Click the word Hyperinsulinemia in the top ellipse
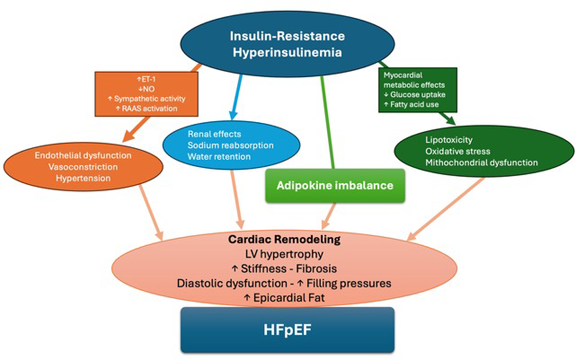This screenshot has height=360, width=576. (x=287, y=52)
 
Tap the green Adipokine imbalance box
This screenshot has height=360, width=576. (x=335, y=185)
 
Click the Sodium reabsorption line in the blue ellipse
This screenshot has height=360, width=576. (x=230, y=145)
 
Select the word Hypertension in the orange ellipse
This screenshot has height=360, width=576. (x=83, y=178)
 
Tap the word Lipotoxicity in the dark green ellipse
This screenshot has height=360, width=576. (x=449, y=140)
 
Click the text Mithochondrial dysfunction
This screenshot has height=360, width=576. (x=481, y=162)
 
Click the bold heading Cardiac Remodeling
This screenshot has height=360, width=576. (x=284, y=239)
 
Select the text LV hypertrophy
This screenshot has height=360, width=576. (x=284, y=254)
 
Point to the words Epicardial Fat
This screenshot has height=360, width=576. (x=289, y=298)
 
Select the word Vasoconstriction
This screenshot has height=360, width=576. (x=83, y=167)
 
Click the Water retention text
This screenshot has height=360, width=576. (x=219, y=157)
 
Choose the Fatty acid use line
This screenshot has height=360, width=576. (x=414, y=104)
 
